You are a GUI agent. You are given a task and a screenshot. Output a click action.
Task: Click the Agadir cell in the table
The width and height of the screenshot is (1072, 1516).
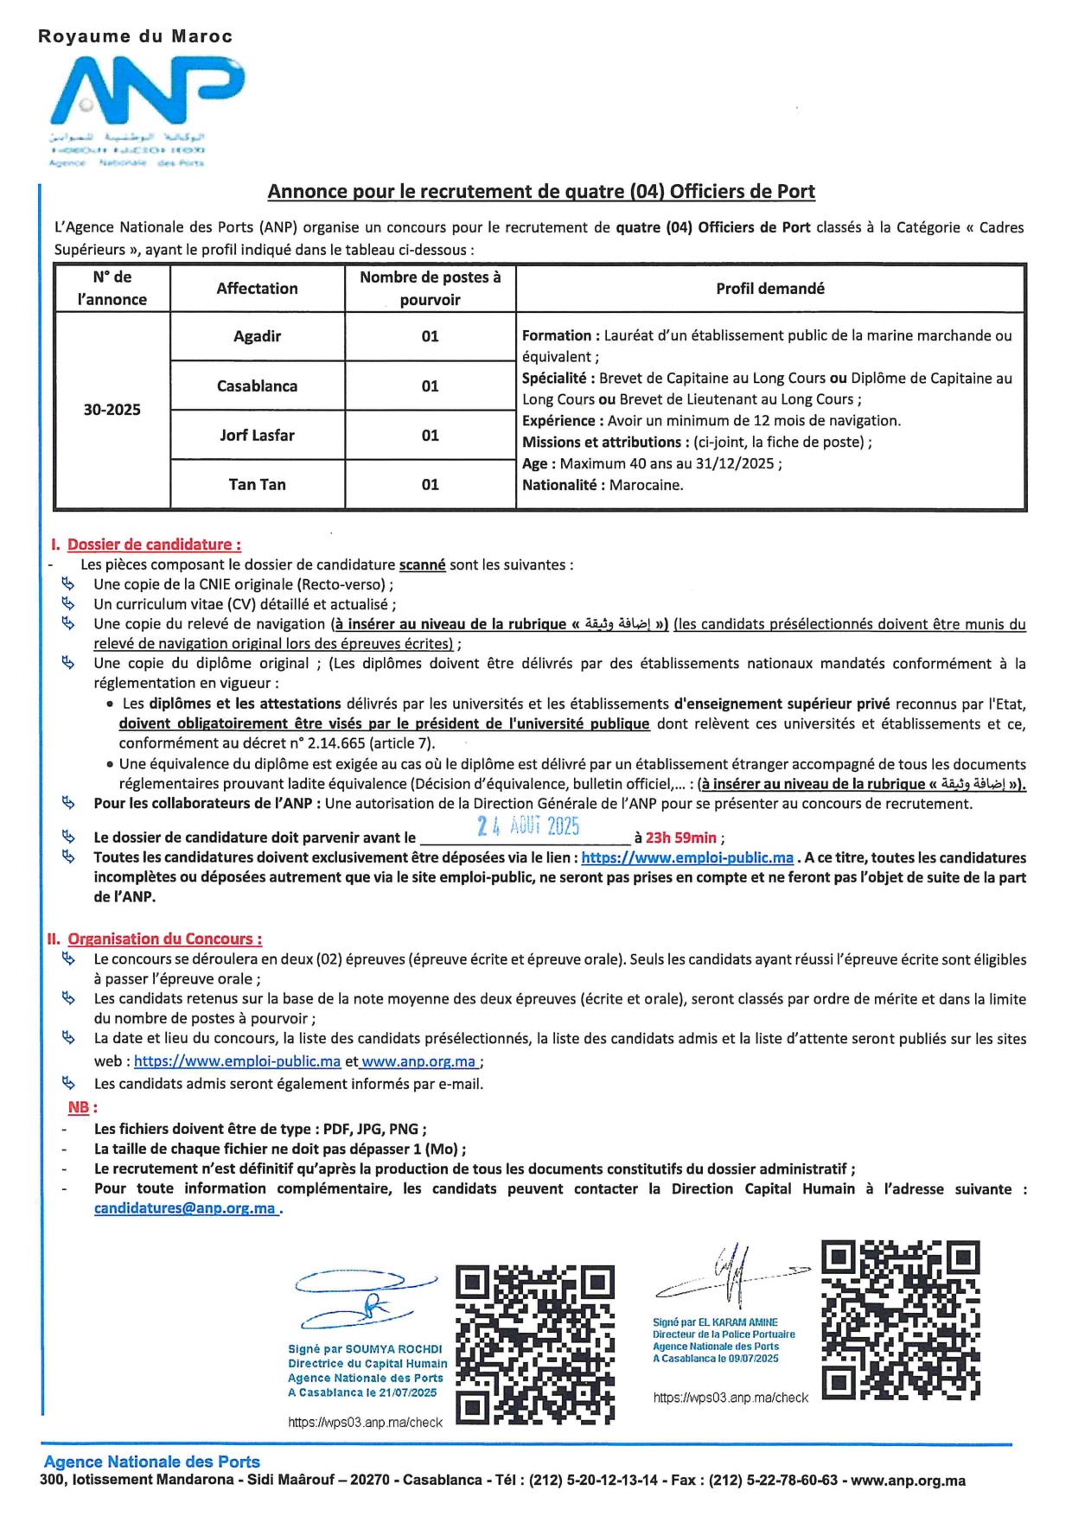pyautogui.click(x=257, y=336)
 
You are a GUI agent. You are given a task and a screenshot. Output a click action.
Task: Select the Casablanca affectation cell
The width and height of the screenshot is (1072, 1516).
pyautogui.click(x=257, y=385)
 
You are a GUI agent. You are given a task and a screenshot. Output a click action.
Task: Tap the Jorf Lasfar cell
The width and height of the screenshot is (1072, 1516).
pyautogui.click(x=257, y=435)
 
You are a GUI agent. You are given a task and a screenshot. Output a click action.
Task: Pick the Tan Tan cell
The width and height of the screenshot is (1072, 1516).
pyautogui.click(x=257, y=484)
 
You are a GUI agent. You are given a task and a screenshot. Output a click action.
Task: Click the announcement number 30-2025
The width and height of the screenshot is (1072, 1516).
pyautogui.click(x=112, y=410)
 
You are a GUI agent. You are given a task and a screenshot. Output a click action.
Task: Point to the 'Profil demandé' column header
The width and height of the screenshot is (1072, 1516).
pyautogui.click(x=769, y=289)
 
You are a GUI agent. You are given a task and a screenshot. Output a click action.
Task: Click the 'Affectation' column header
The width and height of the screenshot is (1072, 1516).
pyautogui.click(x=257, y=289)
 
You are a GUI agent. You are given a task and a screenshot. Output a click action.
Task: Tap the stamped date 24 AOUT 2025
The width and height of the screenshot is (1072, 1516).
pyautogui.click(x=527, y=826)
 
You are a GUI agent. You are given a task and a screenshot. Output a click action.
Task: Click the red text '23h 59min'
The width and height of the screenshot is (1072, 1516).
pyautogui.click(x=680, y=838)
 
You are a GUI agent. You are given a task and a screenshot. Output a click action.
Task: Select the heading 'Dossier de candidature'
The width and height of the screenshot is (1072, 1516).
pyautogui.click(x=154, y=545)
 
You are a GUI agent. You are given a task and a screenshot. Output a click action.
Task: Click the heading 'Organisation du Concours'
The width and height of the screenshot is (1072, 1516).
pyautogui.click(x=164, y=939)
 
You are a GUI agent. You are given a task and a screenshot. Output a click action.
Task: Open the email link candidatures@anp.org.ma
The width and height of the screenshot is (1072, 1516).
pyautogui.click(x=185, y=1209)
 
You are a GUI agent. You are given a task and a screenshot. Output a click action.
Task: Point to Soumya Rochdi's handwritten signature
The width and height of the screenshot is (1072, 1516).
pyautogui.click(x=367, y=1301)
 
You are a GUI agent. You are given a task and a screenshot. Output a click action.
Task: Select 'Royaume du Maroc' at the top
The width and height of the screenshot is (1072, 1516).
pyautogui.click(x=135, y=36)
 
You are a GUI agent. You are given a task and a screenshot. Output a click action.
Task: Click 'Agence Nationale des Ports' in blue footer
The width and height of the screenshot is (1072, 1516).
pyautogui.click(x=152, y=1462)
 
